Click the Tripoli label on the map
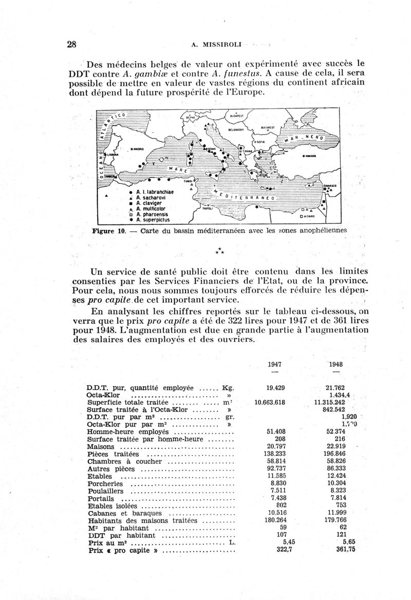(x=208, y=209)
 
